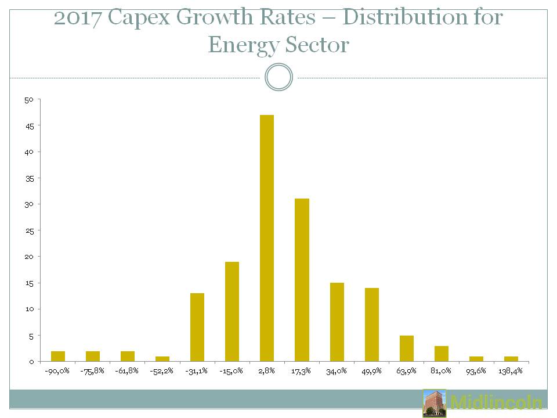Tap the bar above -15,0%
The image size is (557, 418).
pos(232,311)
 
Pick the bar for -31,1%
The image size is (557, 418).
pos(197,327)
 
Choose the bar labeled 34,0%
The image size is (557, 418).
pos(337,322)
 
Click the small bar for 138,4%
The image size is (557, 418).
pos(511,358)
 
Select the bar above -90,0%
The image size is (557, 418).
pos(58,356)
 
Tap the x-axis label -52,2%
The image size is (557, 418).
pos(162,370)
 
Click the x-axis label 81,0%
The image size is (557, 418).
pos(442,370)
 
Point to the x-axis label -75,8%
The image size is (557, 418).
pos(92,370)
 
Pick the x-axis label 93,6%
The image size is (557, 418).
pos(476,370)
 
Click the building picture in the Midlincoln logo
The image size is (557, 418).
pos(435,403)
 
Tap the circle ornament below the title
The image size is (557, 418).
pos(278,77)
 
